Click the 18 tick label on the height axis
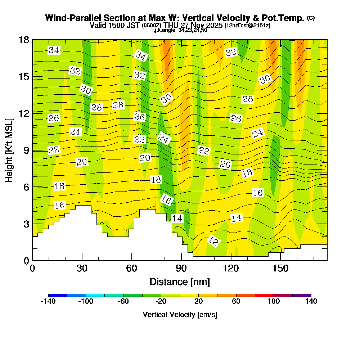pyautogui.click(x=24, y=40)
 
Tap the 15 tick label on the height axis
pyautogui.click(x=24, y=77)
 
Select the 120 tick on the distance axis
pyautogui.click(x=231, y=260)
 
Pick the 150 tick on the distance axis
pyautogui.click(x=280, y=260)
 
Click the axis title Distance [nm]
pyautogui.click(x=180, y=282)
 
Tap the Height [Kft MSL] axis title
pyautogui.click(x=9, y=150)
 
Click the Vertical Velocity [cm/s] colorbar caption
pyautogui.click(x=180, y=315)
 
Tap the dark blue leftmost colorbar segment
pyautogui.click(x=58, y=295)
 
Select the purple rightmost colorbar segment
pyautogui.click(x=302, y=295)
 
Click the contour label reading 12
pyautogui.click(x=213, y=241)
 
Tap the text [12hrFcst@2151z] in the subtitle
pyautogui.click(x=247, y=26)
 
